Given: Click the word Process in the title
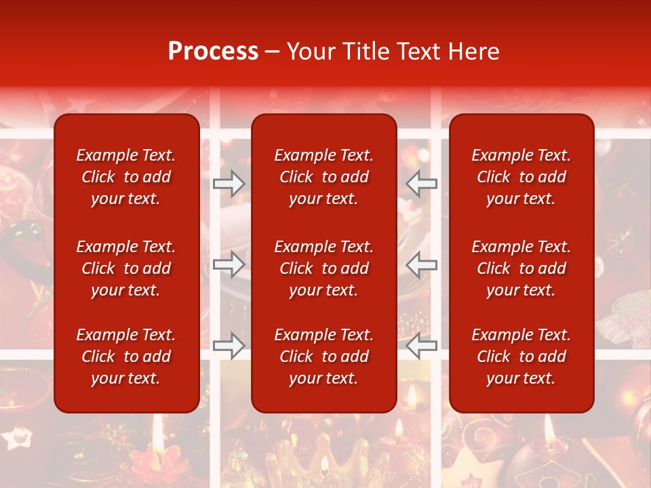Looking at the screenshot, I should [213, 52].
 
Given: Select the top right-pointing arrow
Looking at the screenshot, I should [229, 183].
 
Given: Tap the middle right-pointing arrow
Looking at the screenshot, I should [229, 264].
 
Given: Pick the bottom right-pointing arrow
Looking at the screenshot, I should [229, 346].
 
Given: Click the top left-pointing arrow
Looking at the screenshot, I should [421, 183].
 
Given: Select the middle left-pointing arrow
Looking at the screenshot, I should [421, 264].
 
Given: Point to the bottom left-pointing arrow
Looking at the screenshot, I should [421, 346].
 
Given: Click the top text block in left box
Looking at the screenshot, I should [126, 177].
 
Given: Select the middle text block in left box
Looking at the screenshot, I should [126, 268].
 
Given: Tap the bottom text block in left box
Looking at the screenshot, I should [126, 357].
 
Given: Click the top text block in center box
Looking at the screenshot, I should [323, 177].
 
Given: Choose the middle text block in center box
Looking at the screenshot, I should [323, 268].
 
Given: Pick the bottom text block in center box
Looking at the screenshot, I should [323, 357].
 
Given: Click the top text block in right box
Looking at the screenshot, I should [521, 177].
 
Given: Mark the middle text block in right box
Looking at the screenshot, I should [521, 268].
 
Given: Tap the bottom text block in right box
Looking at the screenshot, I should [521, 357].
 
